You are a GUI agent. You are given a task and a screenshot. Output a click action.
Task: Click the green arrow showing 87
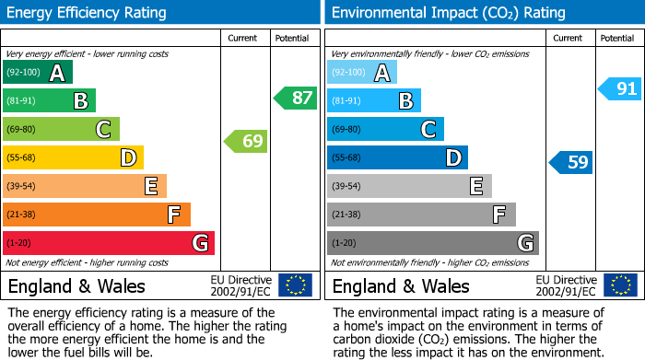pos(296,98)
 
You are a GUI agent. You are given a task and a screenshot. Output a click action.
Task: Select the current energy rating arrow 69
pos(247,141)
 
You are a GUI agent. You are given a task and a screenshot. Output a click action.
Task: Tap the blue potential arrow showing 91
pos(619,88)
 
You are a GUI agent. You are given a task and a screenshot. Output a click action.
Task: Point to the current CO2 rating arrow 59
pos(571,163)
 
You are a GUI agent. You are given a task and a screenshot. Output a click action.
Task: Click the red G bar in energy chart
pos(109,243)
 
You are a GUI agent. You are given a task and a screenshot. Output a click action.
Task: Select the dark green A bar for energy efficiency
pos(38,73)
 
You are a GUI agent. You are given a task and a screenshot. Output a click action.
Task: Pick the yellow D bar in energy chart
pos(73,157)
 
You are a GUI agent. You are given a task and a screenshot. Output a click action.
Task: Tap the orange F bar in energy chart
pos(97,215)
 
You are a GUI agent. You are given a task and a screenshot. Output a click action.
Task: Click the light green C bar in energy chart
pos(61,130)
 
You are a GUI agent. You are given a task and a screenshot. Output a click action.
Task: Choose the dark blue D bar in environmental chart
pos(397,157)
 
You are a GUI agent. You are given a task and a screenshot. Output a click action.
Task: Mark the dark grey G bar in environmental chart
pos(432,243)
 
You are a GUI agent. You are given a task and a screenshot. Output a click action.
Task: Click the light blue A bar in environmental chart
pos(362,73)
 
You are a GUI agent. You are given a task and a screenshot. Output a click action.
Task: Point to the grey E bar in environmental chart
pos(409,186)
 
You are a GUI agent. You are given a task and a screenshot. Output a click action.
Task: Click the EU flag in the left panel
pos(295,285)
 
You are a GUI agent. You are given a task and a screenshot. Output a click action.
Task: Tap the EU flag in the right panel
pos(619,285)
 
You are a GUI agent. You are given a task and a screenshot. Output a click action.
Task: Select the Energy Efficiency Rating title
pos(87,13)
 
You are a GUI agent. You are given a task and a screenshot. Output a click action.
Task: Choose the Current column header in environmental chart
pos(569,38)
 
